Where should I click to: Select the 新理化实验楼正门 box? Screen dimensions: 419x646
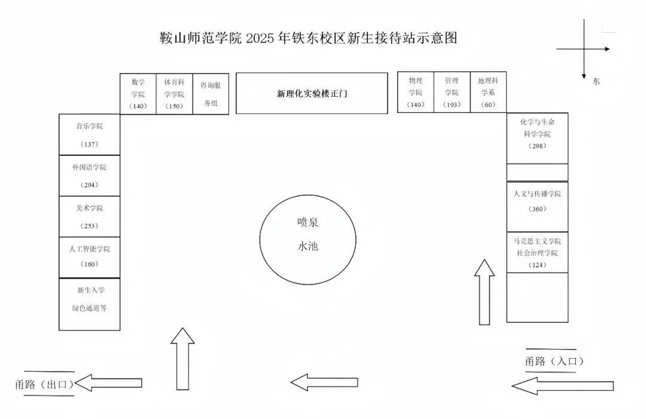312,93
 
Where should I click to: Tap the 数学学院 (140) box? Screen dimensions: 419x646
138,93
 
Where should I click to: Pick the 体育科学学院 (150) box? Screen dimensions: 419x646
174,93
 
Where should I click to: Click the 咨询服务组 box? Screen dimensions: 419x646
211,93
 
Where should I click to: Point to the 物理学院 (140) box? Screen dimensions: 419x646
416,93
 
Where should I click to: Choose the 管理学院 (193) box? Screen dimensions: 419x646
452,93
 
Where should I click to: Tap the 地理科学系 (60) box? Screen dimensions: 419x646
488,93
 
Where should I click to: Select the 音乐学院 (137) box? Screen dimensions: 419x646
89,134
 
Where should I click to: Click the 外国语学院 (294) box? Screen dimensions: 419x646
89,176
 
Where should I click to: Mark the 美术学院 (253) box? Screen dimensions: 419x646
89,216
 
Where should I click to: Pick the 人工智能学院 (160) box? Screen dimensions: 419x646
89,257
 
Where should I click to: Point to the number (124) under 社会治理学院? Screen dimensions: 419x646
538,265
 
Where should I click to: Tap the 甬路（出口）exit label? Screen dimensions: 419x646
44,384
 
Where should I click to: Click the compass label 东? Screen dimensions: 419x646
596,81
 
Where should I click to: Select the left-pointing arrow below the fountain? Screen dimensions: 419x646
324,383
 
